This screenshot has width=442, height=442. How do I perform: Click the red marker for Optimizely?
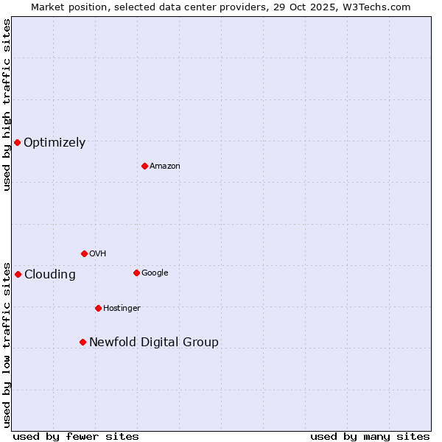pos(17,142)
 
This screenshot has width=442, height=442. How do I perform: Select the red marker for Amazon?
pos(144,166)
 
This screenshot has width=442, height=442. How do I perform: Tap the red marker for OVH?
pos(84,253)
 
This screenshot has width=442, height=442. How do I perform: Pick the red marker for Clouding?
pos(18,274)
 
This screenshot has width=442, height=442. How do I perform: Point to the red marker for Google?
pos(136,273)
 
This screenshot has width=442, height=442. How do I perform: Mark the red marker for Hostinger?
pos(98,308)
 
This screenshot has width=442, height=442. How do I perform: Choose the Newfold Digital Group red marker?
pos(83,342)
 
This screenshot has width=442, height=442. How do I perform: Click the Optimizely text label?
pos(55,143)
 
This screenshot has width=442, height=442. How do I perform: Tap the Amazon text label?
pos(165,166)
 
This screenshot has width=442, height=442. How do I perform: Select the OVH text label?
pos(98,254)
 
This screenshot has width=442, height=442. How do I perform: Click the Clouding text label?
pos(50,275)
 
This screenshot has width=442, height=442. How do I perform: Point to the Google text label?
pos(155,273)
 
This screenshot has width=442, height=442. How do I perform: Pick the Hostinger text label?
pos(122,309)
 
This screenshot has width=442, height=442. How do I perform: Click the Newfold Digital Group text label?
pos(154,343)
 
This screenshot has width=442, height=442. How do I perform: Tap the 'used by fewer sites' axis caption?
pos(76,436)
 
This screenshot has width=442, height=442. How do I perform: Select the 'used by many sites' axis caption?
pos(370,436)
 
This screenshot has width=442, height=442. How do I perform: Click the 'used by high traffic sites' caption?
pos(7,105)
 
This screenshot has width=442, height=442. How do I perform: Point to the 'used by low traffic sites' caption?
pos(7,344)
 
